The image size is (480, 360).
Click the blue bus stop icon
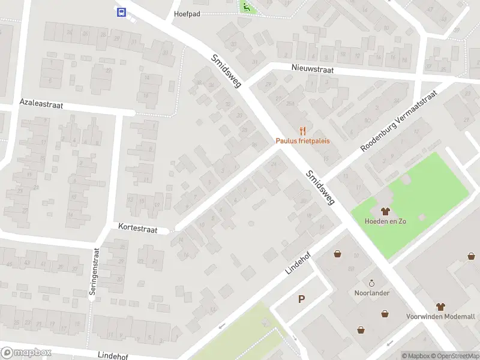[x=121, y=11]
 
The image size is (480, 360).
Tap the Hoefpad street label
[x=187, y=13]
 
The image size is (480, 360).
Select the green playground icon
[x=246, y=7]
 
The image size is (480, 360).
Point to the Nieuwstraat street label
[x=313, y=70]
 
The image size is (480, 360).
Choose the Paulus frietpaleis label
[x=302, y=141]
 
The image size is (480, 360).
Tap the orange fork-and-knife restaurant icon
[x=302, y=130]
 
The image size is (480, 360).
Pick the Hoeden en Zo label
[x=385, y=221]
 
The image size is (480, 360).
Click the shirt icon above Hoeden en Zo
[x=385, y=211]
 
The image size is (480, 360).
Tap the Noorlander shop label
[x=372, y=293]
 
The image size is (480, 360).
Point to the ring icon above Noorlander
[x=371, y=283]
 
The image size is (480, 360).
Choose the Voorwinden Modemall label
[x=440, y=316]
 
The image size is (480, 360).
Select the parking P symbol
[x=301, y=299]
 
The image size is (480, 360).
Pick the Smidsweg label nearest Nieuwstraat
[x=226, y=71]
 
